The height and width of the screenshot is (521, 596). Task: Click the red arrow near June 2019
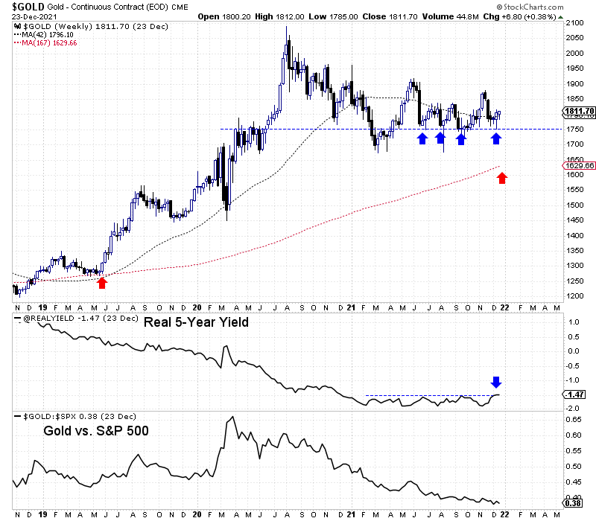click(102, 282)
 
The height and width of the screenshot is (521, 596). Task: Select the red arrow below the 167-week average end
click(502, 178)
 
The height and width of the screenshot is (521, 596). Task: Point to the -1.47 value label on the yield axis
click(576, 395)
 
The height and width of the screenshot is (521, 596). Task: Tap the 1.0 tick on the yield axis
click(572, 322)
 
